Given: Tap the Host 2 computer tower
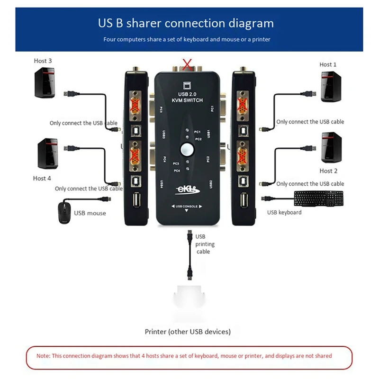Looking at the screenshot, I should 331,147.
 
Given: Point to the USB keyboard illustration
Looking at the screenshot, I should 318,199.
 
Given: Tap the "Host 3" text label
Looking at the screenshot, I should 43,61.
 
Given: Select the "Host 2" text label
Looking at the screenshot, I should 328,171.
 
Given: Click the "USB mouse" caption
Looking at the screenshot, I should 90,213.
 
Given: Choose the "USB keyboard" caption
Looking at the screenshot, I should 284,212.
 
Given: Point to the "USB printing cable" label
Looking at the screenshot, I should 205,244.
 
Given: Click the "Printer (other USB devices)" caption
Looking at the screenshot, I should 188,332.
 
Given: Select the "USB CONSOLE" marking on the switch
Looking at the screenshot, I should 186,207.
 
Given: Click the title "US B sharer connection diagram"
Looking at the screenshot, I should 186,23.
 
